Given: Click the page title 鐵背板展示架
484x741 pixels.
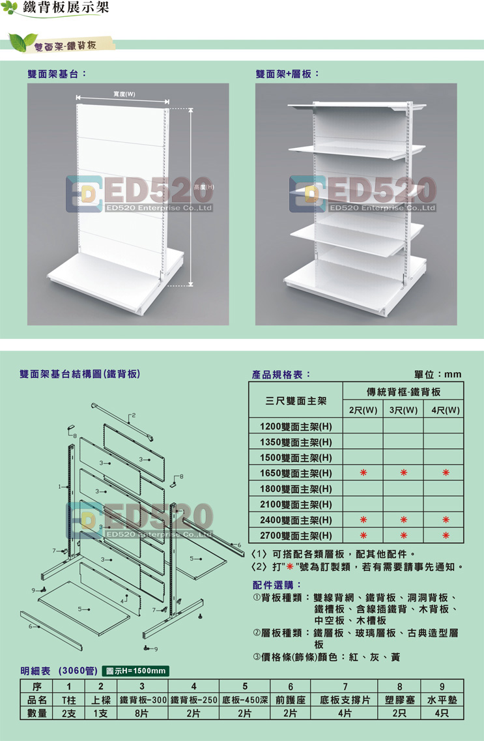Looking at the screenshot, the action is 66,8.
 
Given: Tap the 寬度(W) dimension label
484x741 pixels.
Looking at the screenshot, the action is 124,94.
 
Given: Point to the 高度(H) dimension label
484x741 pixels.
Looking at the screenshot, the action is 203,187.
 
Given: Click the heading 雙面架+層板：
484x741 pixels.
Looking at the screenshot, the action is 287,74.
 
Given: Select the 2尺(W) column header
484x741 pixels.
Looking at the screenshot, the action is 363,410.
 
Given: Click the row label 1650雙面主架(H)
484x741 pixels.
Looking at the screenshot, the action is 296,473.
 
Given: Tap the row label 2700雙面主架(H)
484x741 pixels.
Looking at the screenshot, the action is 296,536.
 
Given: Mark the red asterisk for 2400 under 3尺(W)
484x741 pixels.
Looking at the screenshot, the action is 404,520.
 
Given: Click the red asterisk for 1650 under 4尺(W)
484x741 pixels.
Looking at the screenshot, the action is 446,472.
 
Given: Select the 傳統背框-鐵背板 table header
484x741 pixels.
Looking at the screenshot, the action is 404,392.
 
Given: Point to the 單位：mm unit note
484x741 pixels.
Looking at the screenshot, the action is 438,374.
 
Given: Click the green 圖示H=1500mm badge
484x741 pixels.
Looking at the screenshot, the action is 135,671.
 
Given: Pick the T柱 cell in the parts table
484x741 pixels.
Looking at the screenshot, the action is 69,700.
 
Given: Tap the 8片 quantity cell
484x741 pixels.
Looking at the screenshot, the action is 141,714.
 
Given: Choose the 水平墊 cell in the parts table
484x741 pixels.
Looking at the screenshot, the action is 442,700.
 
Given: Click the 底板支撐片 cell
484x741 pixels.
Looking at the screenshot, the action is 345,700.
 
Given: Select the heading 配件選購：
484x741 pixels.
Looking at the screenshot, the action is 278,585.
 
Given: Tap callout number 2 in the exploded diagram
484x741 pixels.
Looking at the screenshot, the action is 134,415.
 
